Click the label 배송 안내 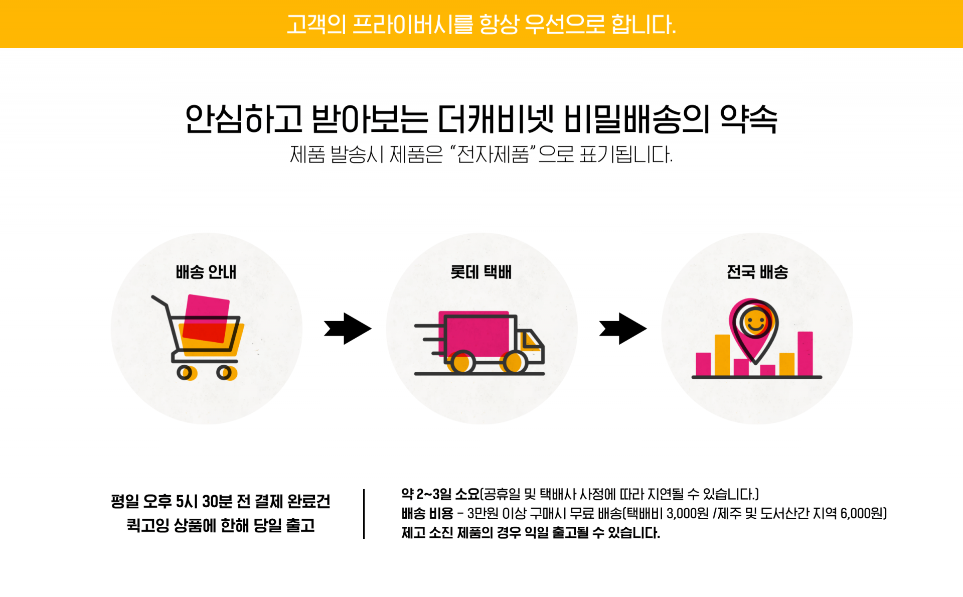click(x=206, y=272)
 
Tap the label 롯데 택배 click(x=480, y=272)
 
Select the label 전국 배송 click(x=757, y=272)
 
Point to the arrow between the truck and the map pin click(x=623, y=329)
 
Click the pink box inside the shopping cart click(x=206, y=319)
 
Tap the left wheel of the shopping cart click(x=185, y=372)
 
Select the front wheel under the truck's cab click(x=514, y=362)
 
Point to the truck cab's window click(x=531, y=341)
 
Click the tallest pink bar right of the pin click(x=805, y=353)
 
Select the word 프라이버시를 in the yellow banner click(x=412, y=25)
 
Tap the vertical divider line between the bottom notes click(x=364, y=514)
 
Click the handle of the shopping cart click(x=159, y=300)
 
